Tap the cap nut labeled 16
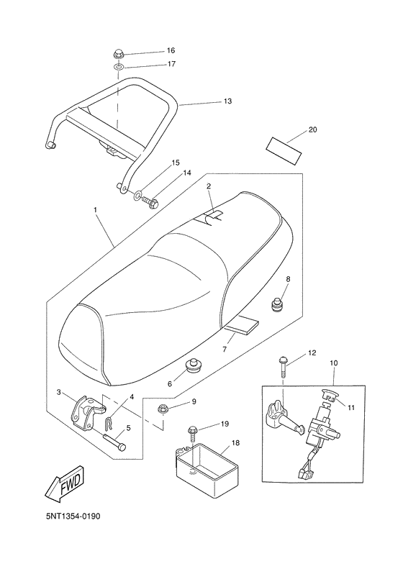117,55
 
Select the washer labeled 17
117,67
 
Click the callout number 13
227,101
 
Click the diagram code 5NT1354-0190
73,516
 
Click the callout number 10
334,363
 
